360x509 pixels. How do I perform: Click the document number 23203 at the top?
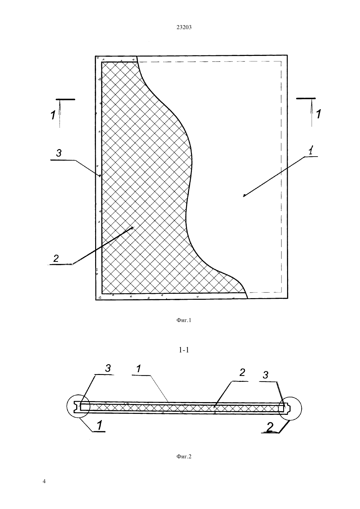[184, 27]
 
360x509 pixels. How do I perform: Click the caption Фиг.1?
[184, 320]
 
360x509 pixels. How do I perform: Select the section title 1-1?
[184, 350]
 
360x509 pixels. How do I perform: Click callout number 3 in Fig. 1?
[59, 153]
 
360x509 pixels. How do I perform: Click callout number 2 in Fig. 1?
[56, 258]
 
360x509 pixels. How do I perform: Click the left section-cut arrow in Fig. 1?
[60, 114]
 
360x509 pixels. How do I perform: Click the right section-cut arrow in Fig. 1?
[312, 113]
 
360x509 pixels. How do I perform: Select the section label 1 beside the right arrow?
[318, 114]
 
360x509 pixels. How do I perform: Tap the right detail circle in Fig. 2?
[301, 408]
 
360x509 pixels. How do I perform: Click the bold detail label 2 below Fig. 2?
[270, 427]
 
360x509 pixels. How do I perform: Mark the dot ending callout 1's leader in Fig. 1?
[244, 195]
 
